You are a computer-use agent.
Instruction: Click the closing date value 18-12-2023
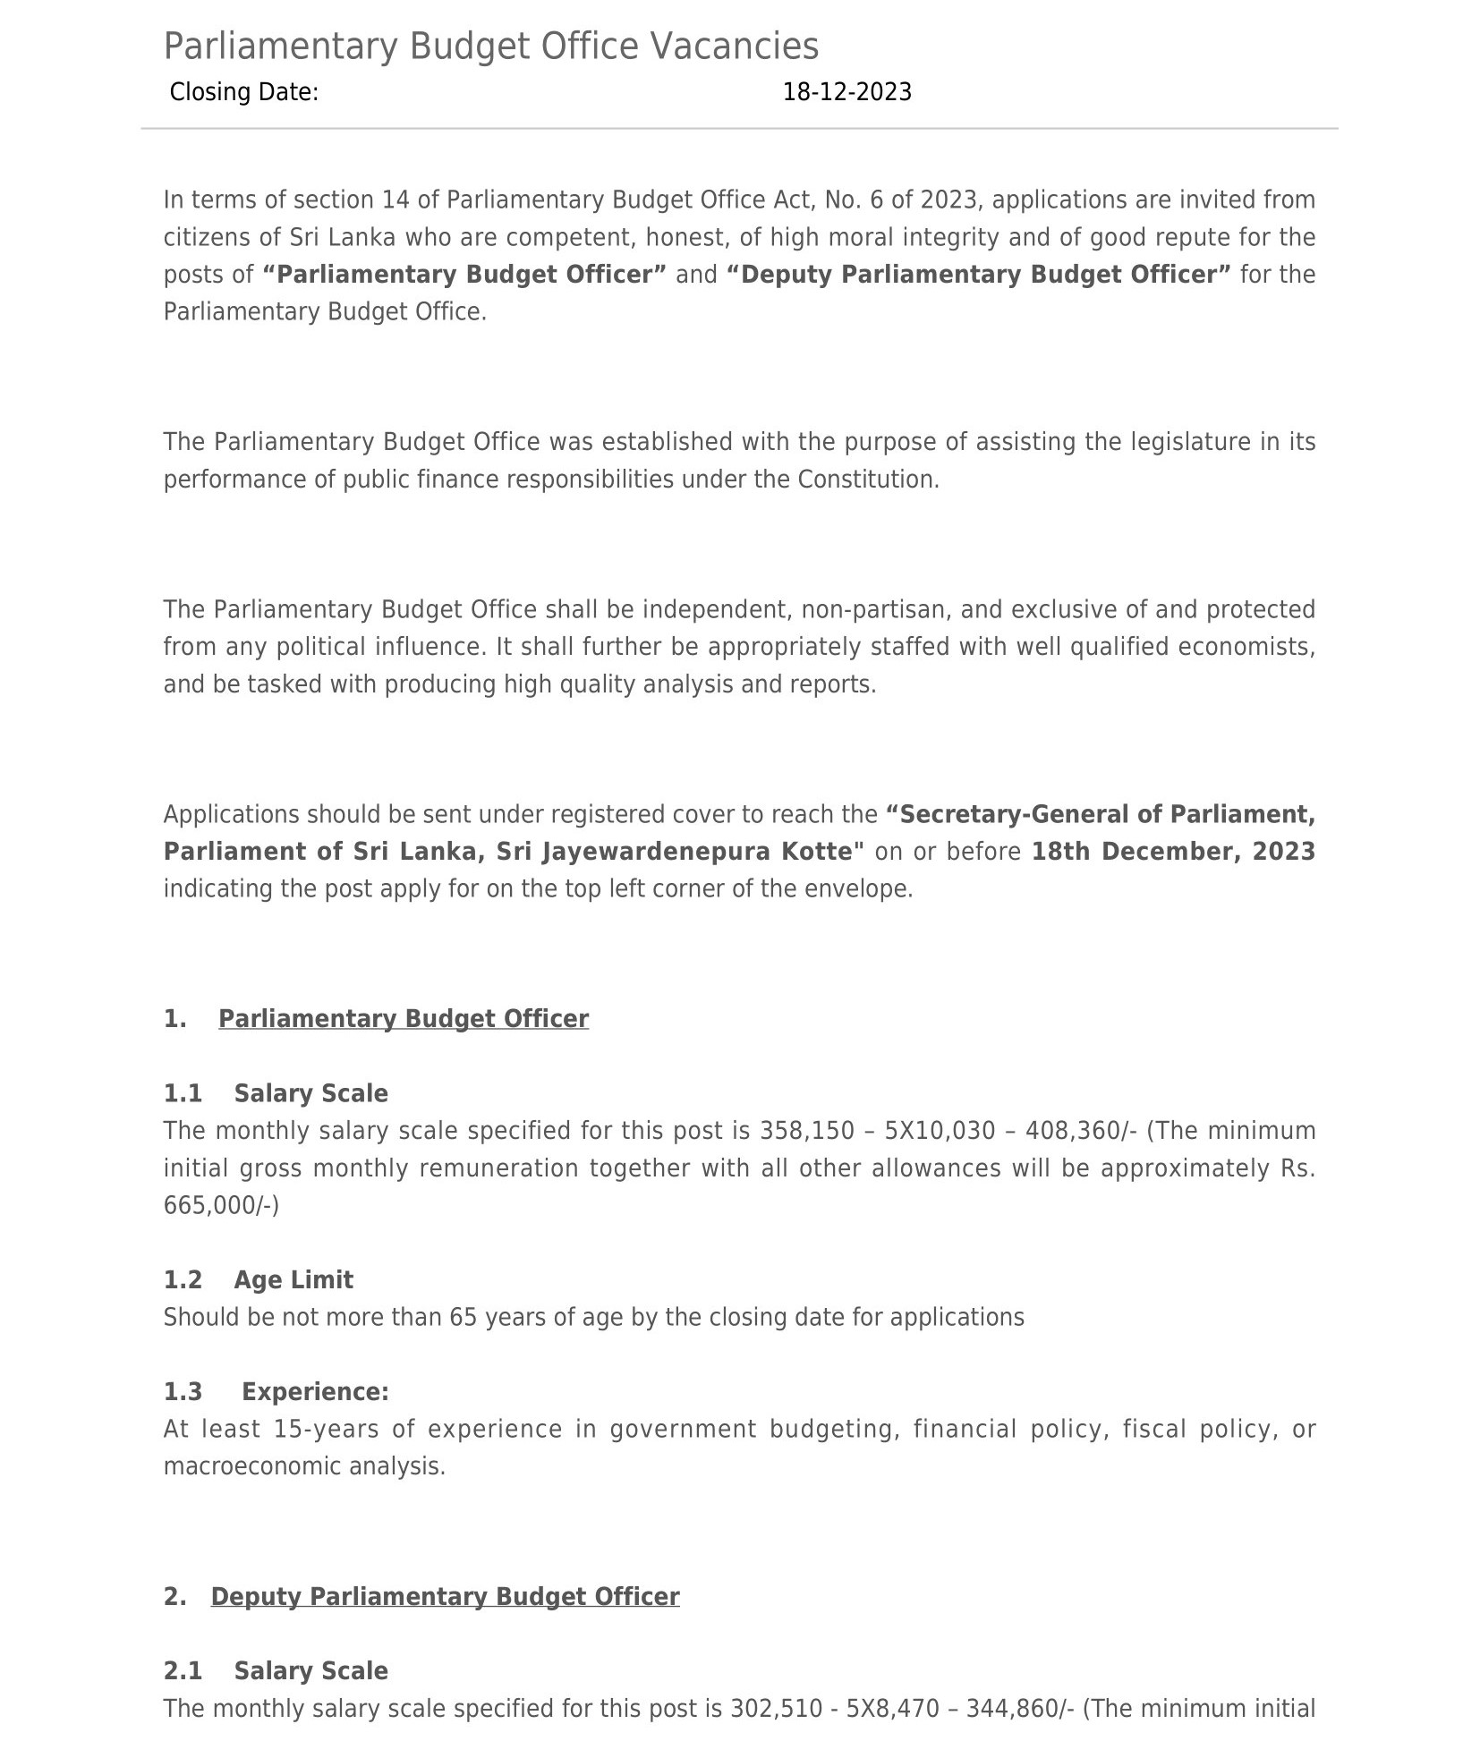846,92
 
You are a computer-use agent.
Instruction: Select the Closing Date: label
243,92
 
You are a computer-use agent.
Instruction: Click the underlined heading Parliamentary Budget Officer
403,1019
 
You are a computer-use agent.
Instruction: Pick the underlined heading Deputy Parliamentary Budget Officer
445,1597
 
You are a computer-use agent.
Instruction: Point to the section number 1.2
183,1280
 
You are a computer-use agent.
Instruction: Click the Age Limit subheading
293,1280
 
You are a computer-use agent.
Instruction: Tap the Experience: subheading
315,1392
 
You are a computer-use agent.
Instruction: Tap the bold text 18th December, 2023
1172,852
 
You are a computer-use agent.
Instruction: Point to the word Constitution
866,480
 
